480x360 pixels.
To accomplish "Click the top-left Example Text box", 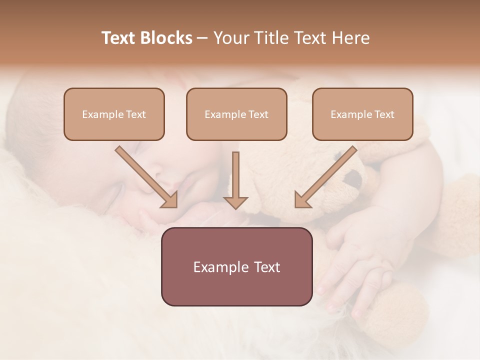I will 114,114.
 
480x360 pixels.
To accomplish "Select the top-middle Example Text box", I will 236,114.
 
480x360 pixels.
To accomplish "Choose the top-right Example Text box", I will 362,114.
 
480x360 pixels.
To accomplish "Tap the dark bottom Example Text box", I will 236,266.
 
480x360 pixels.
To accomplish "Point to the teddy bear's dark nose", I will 354,177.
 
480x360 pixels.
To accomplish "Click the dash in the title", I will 202,38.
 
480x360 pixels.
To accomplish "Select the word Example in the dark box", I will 218,267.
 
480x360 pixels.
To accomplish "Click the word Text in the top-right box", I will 384,114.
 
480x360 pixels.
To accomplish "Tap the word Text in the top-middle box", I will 258,114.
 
